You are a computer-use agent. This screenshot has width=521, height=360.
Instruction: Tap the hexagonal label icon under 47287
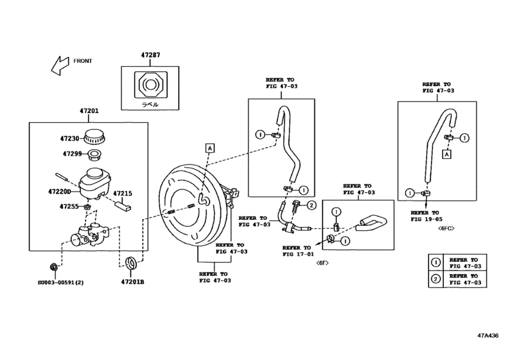click(x=150, y=84)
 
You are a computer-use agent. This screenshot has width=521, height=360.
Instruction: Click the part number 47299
click(x=73, y=154)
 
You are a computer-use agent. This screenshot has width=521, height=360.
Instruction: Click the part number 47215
click(x=123, y=193)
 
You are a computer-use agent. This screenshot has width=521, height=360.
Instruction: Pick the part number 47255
click(x=69, y=206)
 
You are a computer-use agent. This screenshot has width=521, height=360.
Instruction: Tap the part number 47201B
click(x=133, y=281)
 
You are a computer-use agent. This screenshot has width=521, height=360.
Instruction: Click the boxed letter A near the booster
click(x=209, y=148)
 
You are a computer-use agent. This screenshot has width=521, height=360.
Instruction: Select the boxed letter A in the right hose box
click(x=448, y=154)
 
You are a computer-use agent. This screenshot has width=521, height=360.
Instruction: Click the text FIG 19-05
click(x=425, y=219)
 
